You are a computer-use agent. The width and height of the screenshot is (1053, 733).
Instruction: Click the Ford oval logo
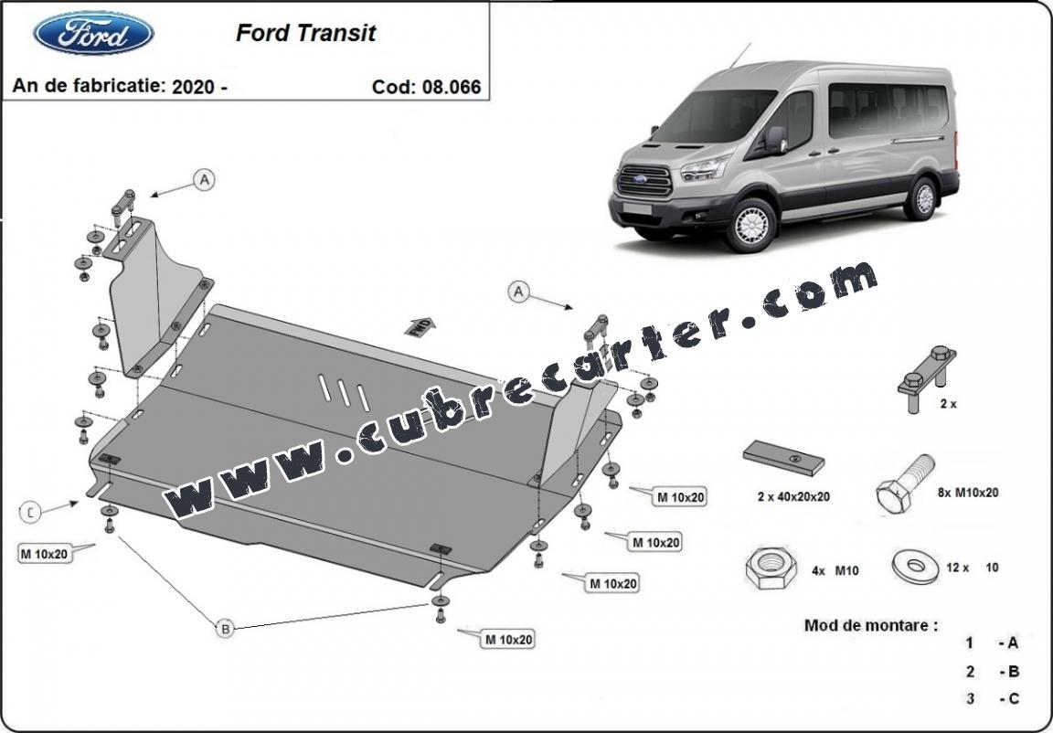93,33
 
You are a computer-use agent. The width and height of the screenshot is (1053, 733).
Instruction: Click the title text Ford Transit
305,33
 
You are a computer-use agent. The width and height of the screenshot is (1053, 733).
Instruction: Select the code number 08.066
452,87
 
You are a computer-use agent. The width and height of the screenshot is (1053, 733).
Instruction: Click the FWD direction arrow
420,327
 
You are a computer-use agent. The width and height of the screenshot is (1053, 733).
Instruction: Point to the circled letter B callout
226,629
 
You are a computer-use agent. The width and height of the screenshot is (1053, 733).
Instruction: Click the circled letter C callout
30,512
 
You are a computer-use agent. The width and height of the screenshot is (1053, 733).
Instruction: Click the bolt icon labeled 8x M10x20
904,484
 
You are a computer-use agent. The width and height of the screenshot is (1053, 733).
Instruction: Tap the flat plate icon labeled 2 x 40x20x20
783,459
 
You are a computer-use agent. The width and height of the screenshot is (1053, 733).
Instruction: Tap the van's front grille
644,180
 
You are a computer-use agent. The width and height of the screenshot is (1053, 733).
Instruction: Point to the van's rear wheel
923,198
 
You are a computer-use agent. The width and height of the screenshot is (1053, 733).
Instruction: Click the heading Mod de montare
871,625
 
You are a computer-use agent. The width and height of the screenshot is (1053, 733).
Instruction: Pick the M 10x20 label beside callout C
44,554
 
